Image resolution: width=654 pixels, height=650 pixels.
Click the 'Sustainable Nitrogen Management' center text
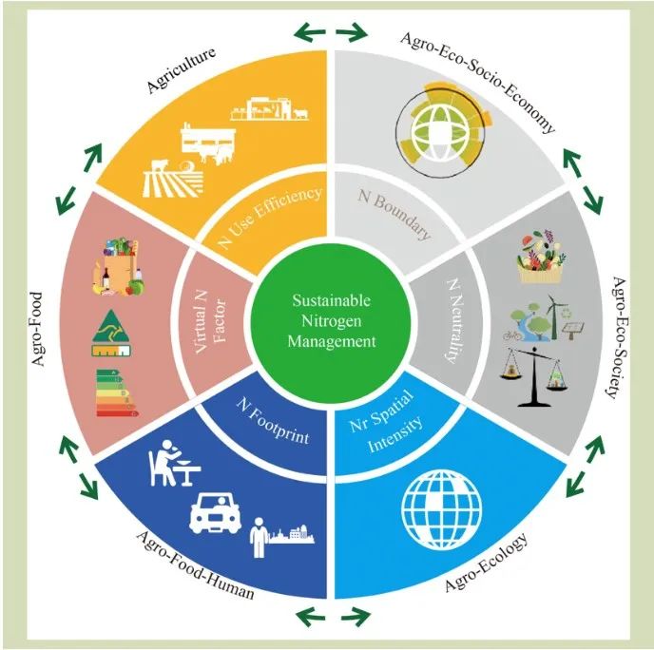point(331,320)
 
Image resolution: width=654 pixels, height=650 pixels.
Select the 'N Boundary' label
point(394,213)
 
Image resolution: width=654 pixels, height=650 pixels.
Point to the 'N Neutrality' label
point(454,320)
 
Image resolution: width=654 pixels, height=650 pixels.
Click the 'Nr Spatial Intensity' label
point(385,421)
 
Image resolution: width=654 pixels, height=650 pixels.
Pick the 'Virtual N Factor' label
point(210,322)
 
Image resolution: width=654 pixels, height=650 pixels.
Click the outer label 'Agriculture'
point(181,69)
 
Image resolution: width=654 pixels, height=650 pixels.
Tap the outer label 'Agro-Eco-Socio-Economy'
point(478,81)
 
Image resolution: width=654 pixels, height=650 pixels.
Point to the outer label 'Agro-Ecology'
point(486,562)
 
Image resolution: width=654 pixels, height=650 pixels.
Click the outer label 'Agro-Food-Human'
point(195,564)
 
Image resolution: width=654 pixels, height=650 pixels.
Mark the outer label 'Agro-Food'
point(37,330)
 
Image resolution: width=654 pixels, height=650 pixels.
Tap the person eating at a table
point(174,463)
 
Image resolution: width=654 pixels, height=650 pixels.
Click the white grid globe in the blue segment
point(442,509)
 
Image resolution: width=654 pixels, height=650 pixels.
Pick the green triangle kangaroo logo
point(111,334)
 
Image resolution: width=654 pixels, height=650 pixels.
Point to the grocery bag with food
point(118,267)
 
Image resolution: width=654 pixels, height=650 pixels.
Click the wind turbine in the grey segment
point(553,316)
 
